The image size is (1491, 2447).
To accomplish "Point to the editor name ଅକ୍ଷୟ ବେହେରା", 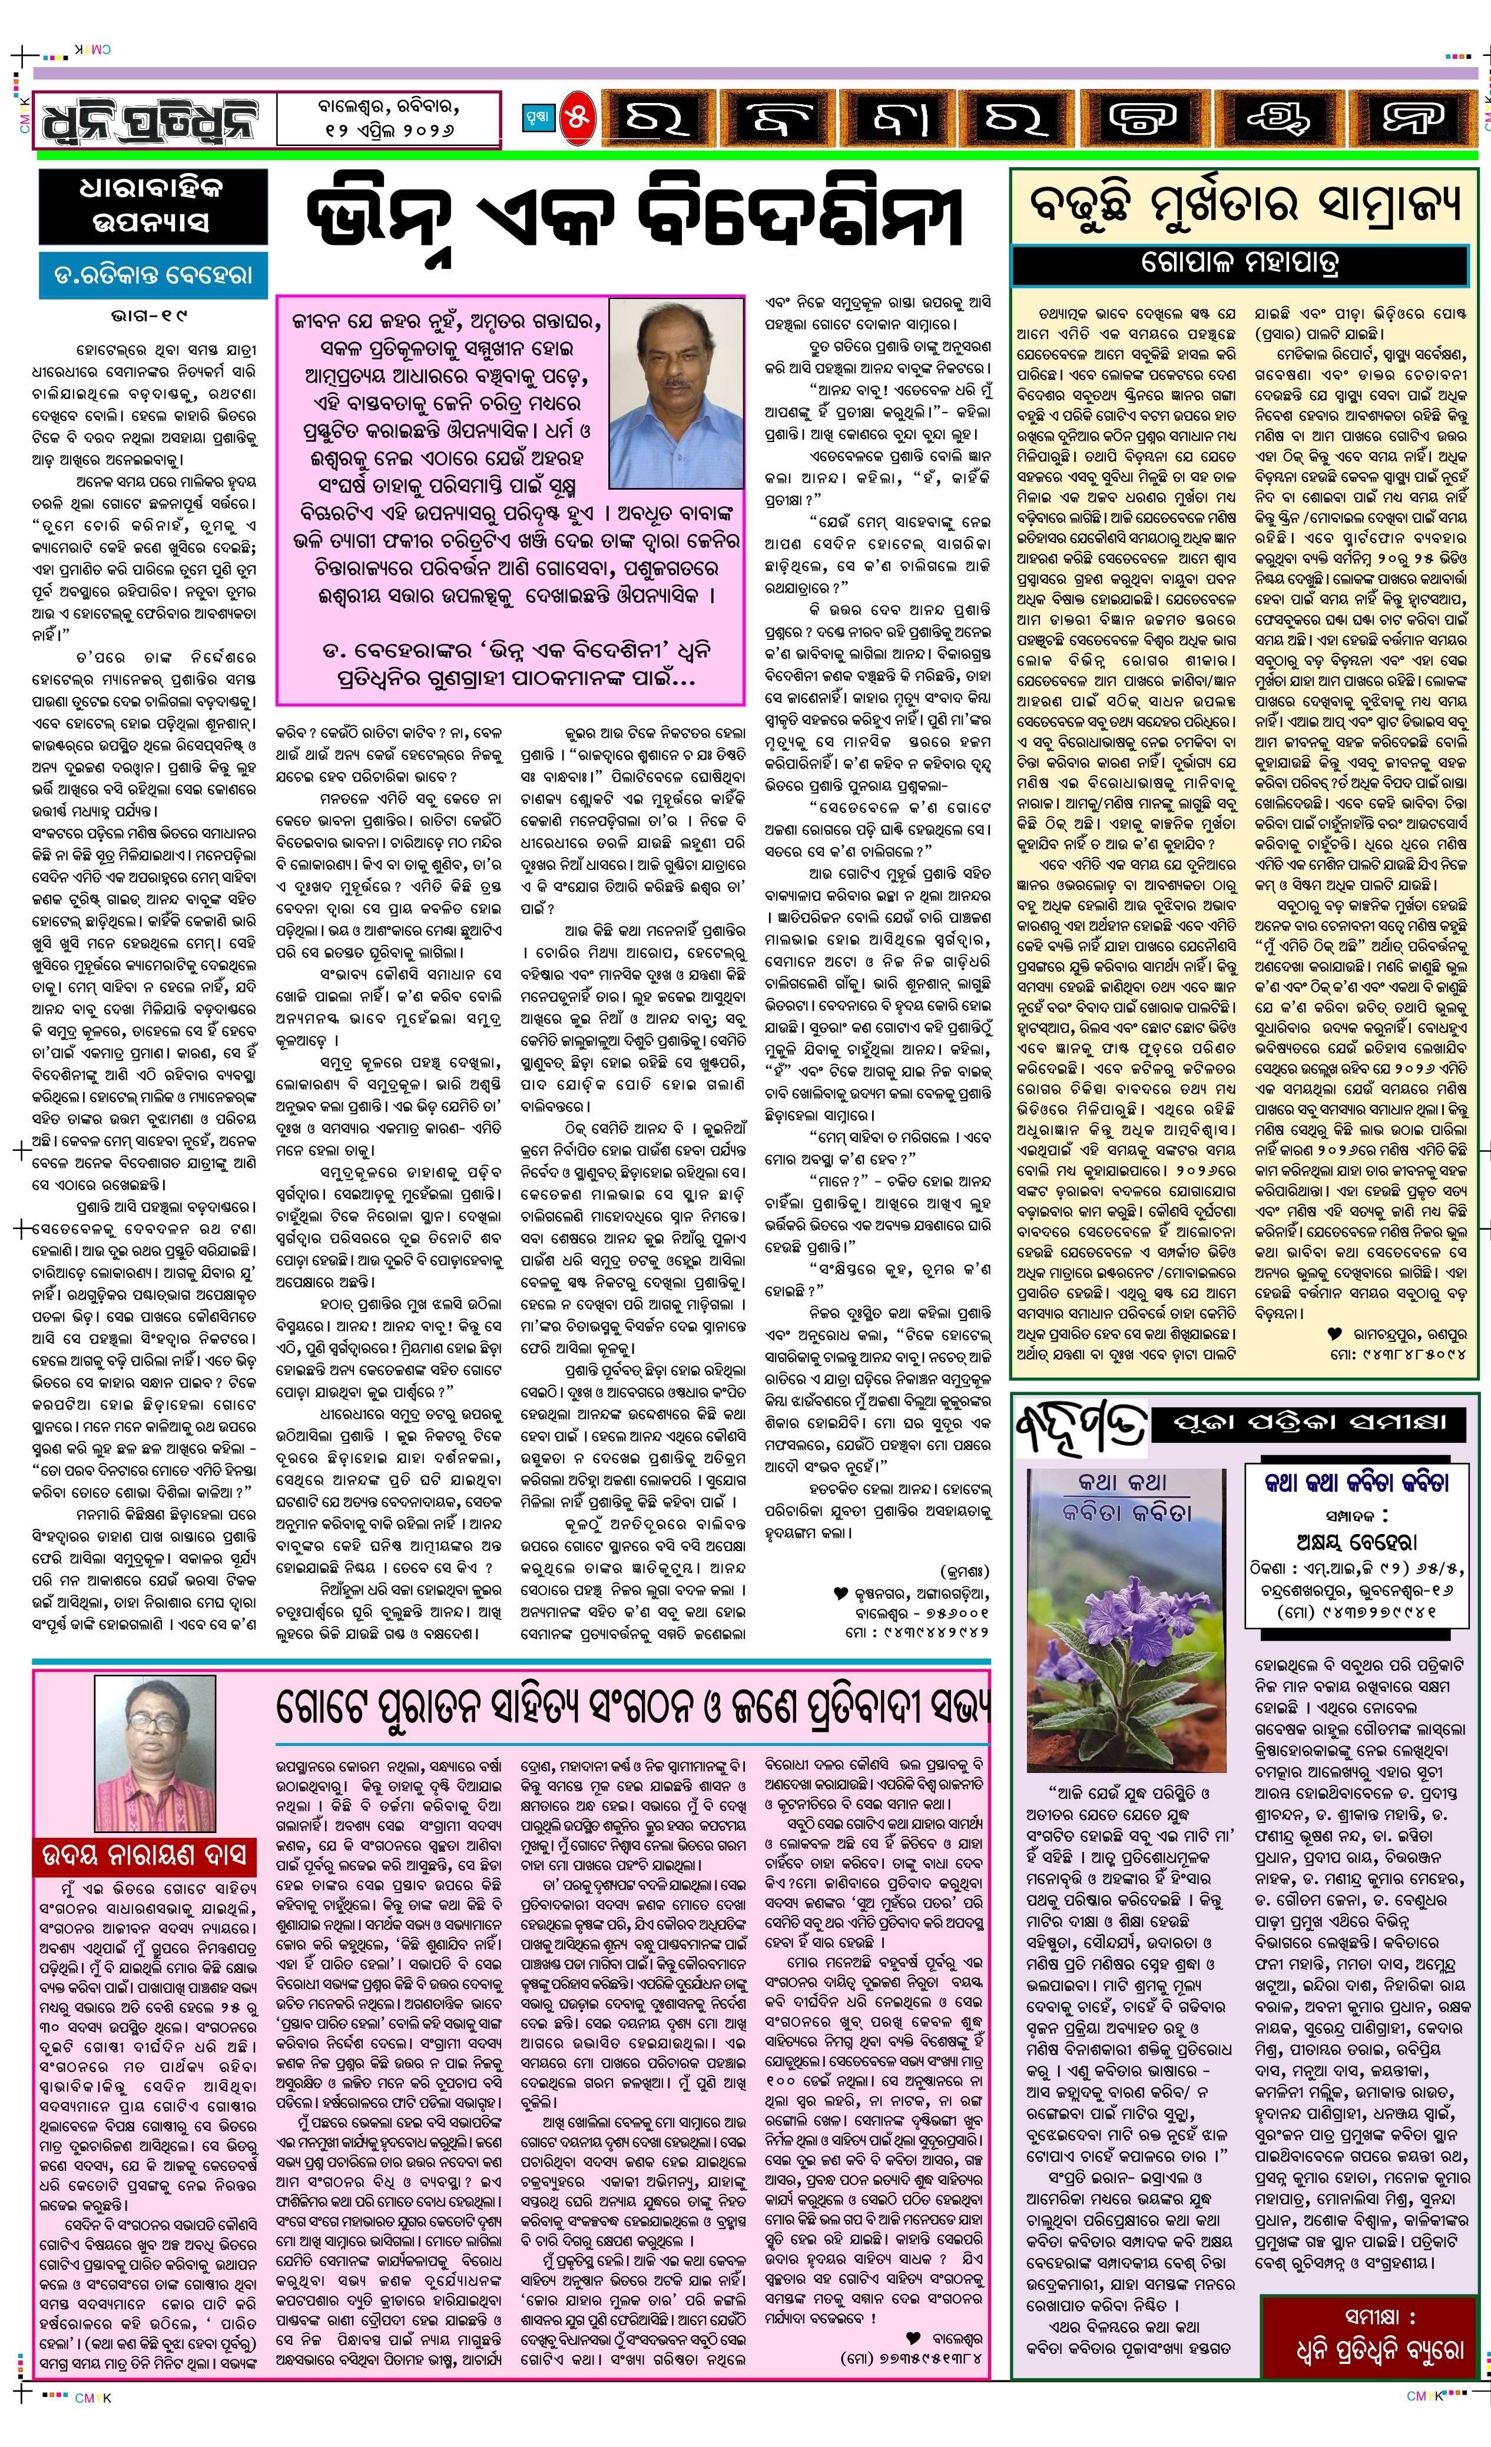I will (1356, 1541).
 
